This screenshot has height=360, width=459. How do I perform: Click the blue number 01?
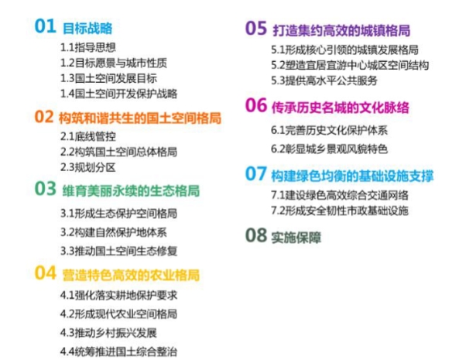pos(45,26)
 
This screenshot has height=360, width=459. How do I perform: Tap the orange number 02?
pos(44,116)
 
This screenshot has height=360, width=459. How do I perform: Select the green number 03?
pos(45,188)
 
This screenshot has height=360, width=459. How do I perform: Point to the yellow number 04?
pos(45,273)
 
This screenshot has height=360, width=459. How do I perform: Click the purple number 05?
pos(256,28)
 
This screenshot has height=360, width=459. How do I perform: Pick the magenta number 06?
pos(256,105)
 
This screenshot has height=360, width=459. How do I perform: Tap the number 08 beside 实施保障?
pos(256,235)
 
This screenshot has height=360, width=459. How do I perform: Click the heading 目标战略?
pos(87,29)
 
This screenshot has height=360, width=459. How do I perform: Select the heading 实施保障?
pos(296,238)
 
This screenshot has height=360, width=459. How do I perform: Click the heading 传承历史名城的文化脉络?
pos(340,108)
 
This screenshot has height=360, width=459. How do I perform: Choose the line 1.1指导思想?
pos(88,47)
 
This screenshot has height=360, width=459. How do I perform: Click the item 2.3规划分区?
pos(88,167)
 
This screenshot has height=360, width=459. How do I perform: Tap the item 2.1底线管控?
pos(88,136)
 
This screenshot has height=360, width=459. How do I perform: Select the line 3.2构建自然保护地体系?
pos(114,232)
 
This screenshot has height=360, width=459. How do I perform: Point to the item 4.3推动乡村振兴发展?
pos(108,333)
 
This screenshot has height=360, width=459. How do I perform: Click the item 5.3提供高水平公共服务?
pos(324,81)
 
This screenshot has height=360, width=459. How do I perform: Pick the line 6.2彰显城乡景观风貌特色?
pos(329,149)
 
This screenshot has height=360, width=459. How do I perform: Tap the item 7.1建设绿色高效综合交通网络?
pos(340,195)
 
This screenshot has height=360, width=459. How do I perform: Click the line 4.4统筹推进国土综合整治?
pos(118,351)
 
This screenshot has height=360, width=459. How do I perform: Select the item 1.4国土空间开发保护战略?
pos(118,94)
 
